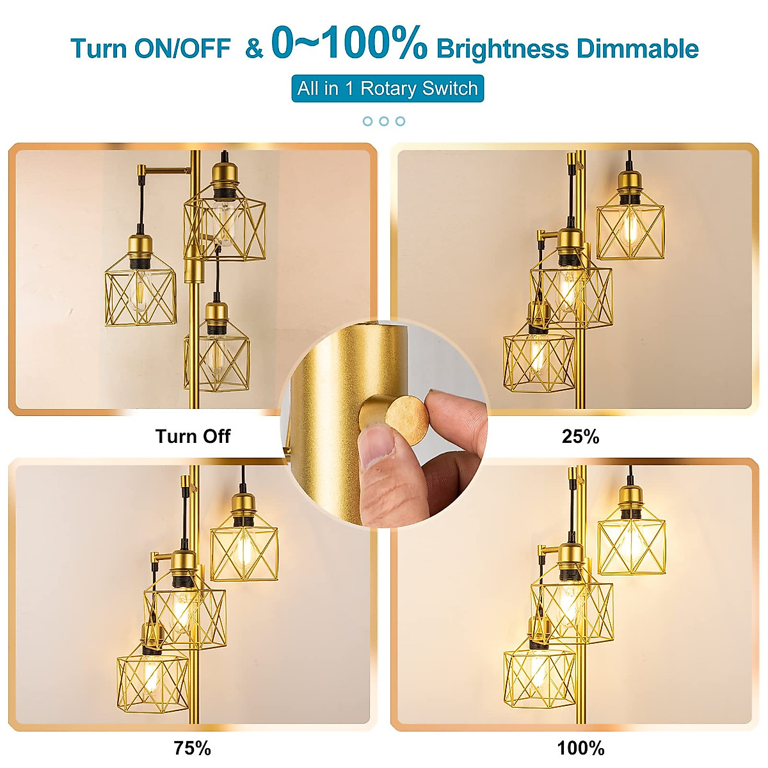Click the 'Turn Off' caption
pos(193,436)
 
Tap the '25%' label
pos(580,436)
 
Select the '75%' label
pos(192,748)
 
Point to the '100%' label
pos(580,748)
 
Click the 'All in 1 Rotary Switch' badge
pos(387,88)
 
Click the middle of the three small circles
pos(384,121)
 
